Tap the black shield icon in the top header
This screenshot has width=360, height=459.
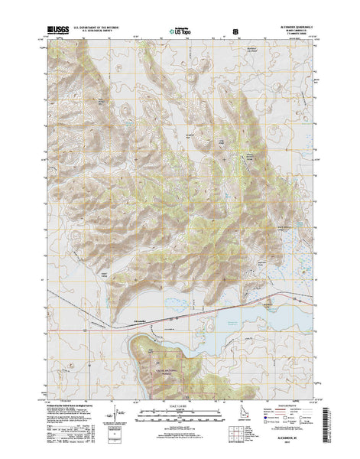click(x=235, y=31)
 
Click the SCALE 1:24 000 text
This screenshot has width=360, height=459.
click(x=180, y=405)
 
